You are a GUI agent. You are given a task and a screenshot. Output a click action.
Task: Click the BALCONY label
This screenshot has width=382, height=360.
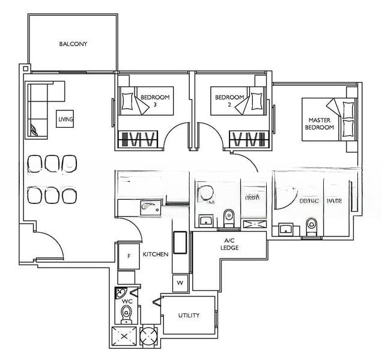tap(73, 44)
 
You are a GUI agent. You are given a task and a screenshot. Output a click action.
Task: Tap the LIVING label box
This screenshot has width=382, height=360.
tap(65, 119)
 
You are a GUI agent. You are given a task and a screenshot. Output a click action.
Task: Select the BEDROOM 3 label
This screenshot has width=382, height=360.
tap(155, 100)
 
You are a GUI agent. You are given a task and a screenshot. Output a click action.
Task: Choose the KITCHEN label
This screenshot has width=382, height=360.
tap(156, 255)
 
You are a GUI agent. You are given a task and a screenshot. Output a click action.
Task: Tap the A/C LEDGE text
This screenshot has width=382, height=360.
tap(229, 244)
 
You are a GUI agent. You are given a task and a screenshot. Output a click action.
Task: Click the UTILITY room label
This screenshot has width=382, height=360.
tap(189, 316)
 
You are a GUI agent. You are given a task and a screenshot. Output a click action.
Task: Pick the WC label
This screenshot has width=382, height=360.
tap(127, 302)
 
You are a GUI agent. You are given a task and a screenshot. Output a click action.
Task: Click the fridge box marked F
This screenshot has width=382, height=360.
tap(129, 256)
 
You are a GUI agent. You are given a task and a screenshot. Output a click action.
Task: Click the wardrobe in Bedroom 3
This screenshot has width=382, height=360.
tap(139, 139)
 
